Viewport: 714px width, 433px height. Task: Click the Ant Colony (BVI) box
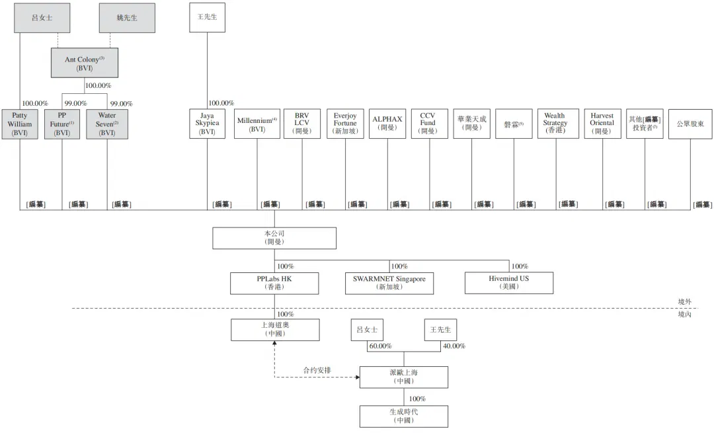[x=85, y=63]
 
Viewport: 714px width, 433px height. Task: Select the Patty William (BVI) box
[x=20, y=124]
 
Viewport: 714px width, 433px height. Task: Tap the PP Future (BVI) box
[x=62, y=124]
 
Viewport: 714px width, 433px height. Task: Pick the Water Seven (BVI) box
[x=107, y=124]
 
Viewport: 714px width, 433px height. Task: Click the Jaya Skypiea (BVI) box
[x=207, y=124]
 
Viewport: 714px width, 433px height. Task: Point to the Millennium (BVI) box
[x=257, y=124]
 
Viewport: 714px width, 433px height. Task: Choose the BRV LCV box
[x=302, y=124]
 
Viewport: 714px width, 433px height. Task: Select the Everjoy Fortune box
[x=345, y=124]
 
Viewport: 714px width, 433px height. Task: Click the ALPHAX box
[x=387, y=124]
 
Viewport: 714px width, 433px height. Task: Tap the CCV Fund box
[x=430, y=124]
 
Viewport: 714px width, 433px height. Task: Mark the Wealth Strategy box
[x=555, y=124]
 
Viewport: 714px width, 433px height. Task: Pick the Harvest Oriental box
[x=602, y=124]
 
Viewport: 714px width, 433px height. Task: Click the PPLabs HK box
[x=274, y=283]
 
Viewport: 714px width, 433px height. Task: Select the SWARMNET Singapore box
[x=389, y=283]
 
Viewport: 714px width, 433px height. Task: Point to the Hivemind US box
[x=509, y=283]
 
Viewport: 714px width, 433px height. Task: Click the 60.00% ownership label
[x=380, y=346]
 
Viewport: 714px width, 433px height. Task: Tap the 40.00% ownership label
[x=454, y=346]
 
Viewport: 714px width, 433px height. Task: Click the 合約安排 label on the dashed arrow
[x=317, y=370]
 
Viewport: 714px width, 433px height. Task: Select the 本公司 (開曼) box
[x=274, y=238]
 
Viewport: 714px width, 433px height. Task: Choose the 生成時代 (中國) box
[x=404, y=416]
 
